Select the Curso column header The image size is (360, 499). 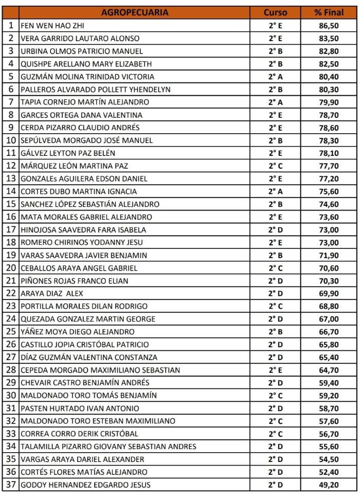275,12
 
